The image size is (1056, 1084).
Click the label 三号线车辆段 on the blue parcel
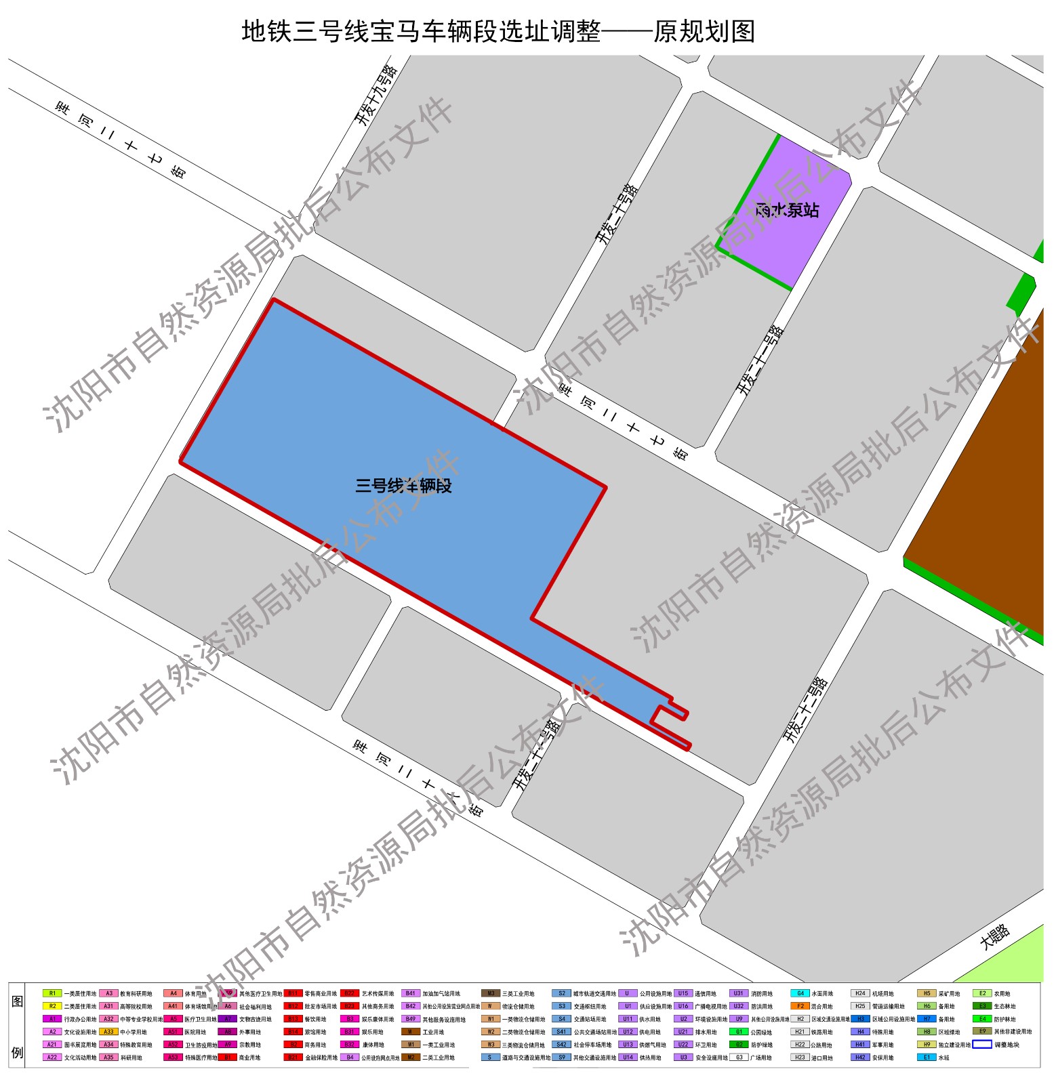pos(403,486)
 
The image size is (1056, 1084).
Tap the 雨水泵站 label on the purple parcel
pos(787,210)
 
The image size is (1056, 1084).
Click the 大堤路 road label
pos(995,937)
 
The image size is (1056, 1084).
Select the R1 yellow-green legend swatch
pos(52,993)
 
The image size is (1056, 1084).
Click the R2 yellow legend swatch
pos(52,1006)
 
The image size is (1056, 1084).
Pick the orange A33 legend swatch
pos(108,1032)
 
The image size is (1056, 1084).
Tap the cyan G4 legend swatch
pos(800,993)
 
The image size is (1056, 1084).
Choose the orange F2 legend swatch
pos(800,1006)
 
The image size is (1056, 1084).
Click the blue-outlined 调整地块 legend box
pos(982,1044)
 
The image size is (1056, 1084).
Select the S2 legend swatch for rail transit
pos(561,993)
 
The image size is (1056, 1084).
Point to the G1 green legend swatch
pos(739,1032)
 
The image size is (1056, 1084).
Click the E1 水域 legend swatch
pos(927,1057)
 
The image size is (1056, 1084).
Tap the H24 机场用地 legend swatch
pos(860,993)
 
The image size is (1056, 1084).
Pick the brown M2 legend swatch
pos(411,1057)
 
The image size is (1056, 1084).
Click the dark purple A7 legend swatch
pos(228,1019)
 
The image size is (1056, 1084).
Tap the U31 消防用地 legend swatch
pos(738,993)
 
